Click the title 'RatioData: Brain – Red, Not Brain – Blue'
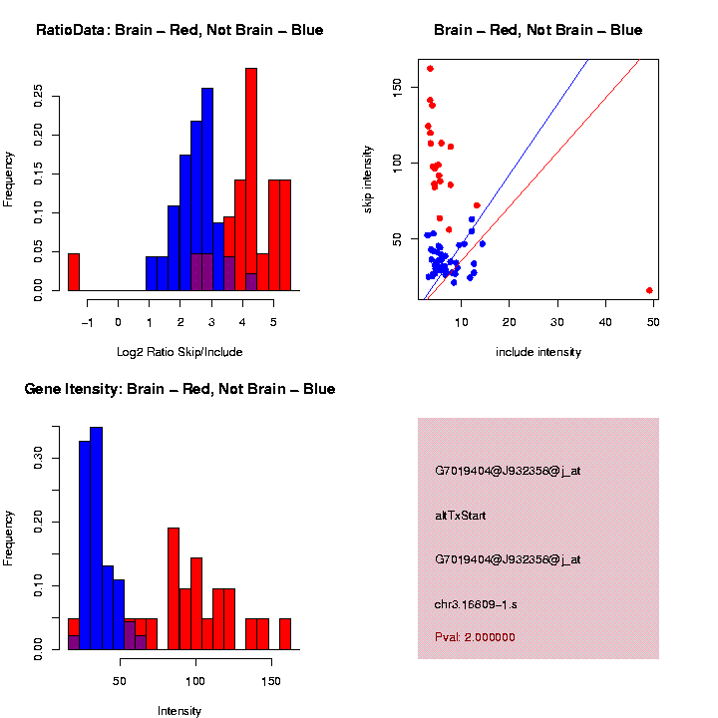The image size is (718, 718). pyautogui.click(x=179, y=31)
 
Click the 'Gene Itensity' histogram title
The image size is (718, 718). pyautogui.click(x=179, y=389)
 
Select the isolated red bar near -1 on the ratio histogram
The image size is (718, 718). pyautogui.click(x=73, y=272)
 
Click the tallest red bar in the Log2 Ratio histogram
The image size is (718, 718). pyautogui.click(x=251, y=179)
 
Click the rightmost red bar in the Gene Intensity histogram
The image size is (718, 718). pyautogui.click(x=284, y=634)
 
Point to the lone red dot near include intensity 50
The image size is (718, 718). pyautogui.click(x=649, y=290)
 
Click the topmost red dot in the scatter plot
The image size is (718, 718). pyautogui.click(x=430, y=69)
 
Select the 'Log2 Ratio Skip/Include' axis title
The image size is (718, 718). pyautogui.click(x=179, y=352)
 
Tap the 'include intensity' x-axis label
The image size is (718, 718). pyautogui.click(x=538, y=352)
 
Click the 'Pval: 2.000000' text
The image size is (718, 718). pyautogui.click(x=474, y=637)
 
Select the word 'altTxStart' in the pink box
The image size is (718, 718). pyautogui.click(x=461, y=516)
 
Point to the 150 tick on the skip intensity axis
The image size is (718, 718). pyautogui.click(x=396, y=87)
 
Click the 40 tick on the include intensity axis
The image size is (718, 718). pyautogui.click(x=605, y=322)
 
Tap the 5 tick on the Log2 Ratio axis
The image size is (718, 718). pyautogui.click(x=271, y=322)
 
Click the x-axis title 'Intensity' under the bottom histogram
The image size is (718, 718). pyautogui.click(x=179, y=711)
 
